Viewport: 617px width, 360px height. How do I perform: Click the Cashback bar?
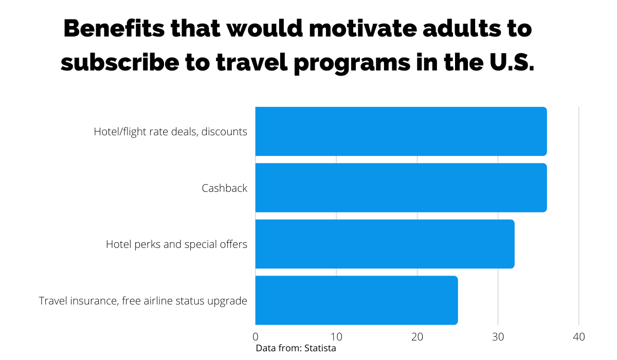(401, 188)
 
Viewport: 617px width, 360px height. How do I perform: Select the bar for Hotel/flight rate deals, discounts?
(401, 131)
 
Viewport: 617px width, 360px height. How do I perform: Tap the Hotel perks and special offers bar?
(385, 244)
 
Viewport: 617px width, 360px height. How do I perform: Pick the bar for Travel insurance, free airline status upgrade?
(356, 300)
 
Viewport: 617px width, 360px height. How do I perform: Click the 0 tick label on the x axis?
(256, 337)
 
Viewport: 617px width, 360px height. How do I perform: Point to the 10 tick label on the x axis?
(336, 337)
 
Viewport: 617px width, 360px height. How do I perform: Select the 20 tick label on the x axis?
(417, 337)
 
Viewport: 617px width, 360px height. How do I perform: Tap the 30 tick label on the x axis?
(498, 337)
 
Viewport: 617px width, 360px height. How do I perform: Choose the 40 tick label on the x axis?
(579, 337)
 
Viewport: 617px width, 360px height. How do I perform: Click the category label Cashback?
(224, 188)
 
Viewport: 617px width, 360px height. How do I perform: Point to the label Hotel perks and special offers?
(176, 244)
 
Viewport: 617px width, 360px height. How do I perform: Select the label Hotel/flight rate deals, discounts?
(170, 132)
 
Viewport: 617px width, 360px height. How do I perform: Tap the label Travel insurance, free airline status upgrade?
(143, 301)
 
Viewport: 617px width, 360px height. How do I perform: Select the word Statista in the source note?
(320, 349)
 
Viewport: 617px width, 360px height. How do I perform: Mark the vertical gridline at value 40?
(579, 216)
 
